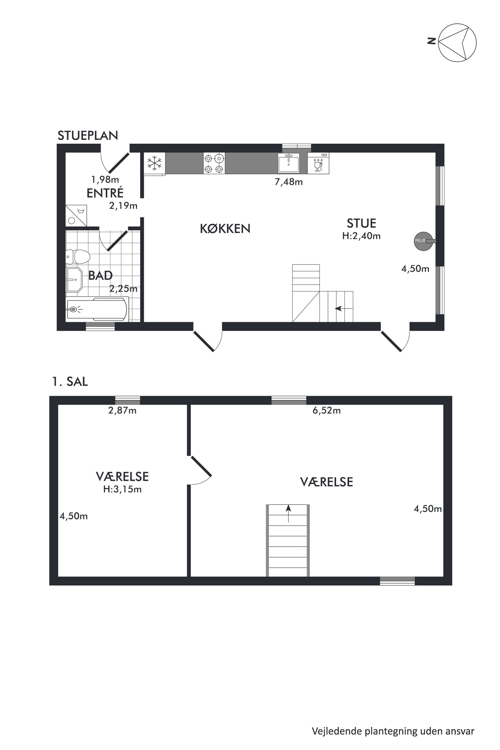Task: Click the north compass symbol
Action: tap(457, 42)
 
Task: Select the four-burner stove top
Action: tap(214, 163)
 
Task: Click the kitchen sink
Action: tap(289, 163)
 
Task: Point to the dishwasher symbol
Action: tap(318, 163)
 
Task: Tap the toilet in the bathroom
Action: tap(78, 256)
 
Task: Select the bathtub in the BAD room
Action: tap(97, 309)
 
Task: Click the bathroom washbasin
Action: tap(74, 280)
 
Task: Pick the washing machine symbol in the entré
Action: tap(76, 215)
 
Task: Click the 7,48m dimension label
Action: tap(289, 182)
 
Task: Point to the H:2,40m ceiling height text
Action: tap(361, 236)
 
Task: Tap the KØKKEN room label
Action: tap(225, 229)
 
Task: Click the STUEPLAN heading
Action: tap(88, 136)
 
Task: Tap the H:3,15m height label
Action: tap(122, 489)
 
